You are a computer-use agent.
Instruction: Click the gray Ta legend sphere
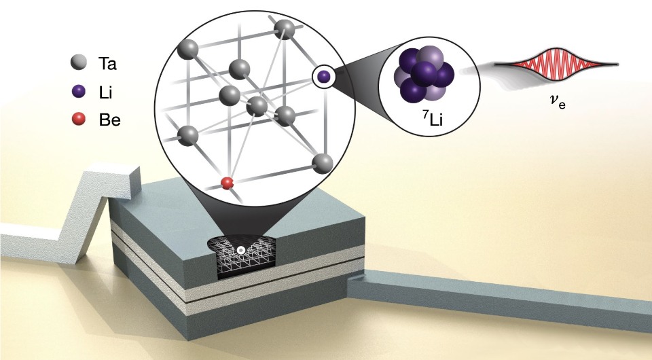(78, 63)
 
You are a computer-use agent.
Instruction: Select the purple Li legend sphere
(78, 92)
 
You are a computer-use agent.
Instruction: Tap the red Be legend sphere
(78, 120)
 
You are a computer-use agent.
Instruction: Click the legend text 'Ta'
(107, 64)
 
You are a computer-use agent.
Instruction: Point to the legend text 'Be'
(110, 120)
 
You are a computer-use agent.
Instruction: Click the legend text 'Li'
(106, 92)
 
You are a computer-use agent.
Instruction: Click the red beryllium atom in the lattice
(227, 183)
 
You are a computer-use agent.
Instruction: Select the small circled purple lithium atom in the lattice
(323, 76)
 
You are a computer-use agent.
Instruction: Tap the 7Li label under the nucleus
(433, 120)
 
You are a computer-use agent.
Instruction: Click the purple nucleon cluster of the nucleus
(424, 74)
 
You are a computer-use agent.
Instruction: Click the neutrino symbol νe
(556, 101)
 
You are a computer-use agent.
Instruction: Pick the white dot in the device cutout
(240, 250)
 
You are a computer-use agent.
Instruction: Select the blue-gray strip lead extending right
(499, 298)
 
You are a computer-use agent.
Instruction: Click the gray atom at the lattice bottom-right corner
(323, 164)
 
